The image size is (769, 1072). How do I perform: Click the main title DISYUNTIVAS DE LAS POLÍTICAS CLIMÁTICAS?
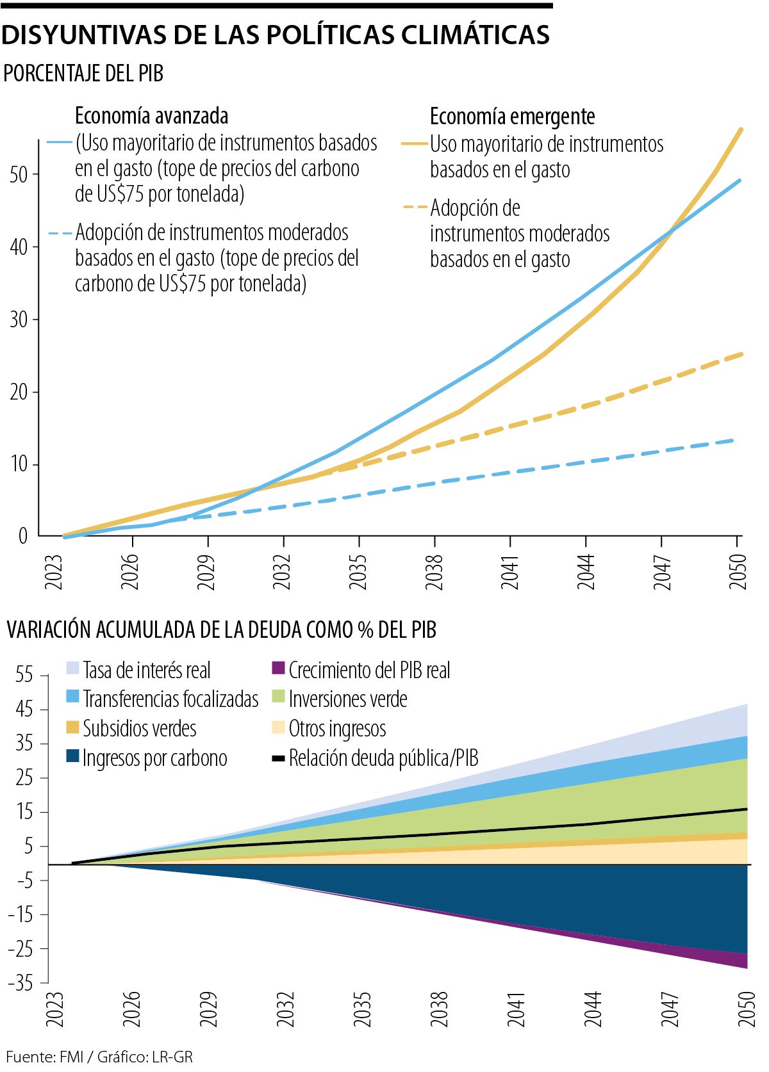click(x=276, y=35)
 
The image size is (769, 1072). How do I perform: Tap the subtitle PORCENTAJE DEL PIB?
click(x=83, y=74)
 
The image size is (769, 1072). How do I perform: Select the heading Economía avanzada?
click(x=151, y=116)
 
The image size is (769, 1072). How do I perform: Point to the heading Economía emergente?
click(x=512, y=117)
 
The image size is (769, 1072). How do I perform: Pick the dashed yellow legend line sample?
click(x=415, y=207)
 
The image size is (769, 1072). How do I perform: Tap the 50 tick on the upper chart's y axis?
click(x=19, y=175)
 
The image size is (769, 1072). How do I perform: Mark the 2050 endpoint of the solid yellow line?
click(x=741, y=130)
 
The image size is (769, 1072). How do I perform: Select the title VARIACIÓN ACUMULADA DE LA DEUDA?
click(x=221, y=630)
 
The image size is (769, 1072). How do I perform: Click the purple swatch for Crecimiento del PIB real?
click(x=277, y=668)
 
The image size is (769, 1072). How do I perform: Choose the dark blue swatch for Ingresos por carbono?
click(x=72, y=756)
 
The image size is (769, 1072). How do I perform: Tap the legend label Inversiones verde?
click(x=348, y=699)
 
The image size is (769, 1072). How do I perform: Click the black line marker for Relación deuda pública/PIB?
click(x=278, y=758)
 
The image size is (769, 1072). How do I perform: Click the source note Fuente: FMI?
click(x=45, y=1057)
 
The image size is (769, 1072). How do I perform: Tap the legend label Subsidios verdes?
click(x=139, y=729)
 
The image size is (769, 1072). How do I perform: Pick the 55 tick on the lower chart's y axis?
click(x=24, y=675)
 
